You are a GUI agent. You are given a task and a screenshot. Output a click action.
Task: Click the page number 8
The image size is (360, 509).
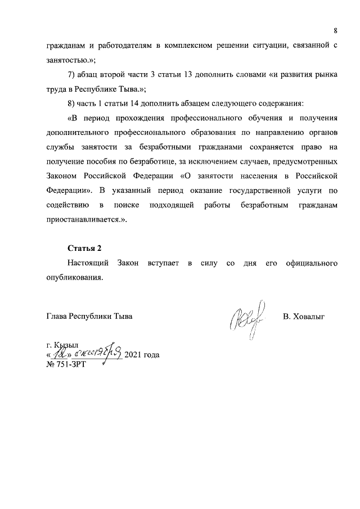tap(335, 30)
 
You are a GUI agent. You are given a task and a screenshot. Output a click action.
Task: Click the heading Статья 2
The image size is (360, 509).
tap(84, 248)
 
